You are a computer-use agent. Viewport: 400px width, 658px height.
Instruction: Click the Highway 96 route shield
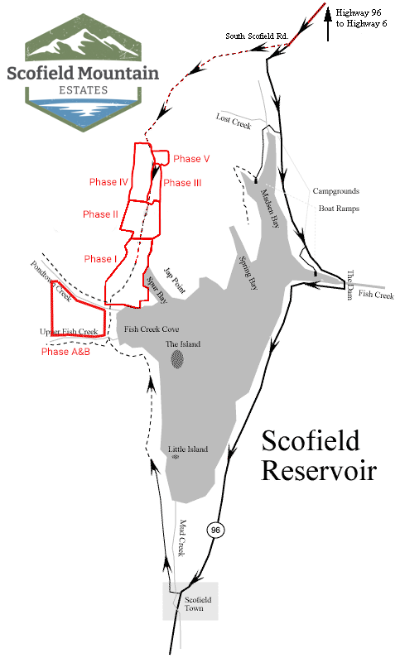(215, 529)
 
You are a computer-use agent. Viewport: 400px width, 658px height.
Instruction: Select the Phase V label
(191, 159)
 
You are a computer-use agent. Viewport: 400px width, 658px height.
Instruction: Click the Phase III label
(182, 184)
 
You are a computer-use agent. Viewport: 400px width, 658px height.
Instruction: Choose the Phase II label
(102, 214)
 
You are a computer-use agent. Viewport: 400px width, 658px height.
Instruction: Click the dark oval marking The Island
(178, 358)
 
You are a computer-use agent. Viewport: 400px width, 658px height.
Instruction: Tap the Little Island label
(187, 449)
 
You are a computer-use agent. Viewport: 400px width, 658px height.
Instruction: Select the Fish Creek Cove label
(151, 329)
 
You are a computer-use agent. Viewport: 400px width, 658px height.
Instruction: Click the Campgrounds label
(335, 191)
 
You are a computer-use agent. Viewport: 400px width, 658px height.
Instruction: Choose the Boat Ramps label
(339, 209)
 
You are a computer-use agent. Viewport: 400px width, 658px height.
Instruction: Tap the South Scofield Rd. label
(257, 36)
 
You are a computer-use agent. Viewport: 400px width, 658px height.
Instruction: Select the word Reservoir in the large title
(319, 471)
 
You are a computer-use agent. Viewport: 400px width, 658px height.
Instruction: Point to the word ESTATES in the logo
(82, 89)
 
